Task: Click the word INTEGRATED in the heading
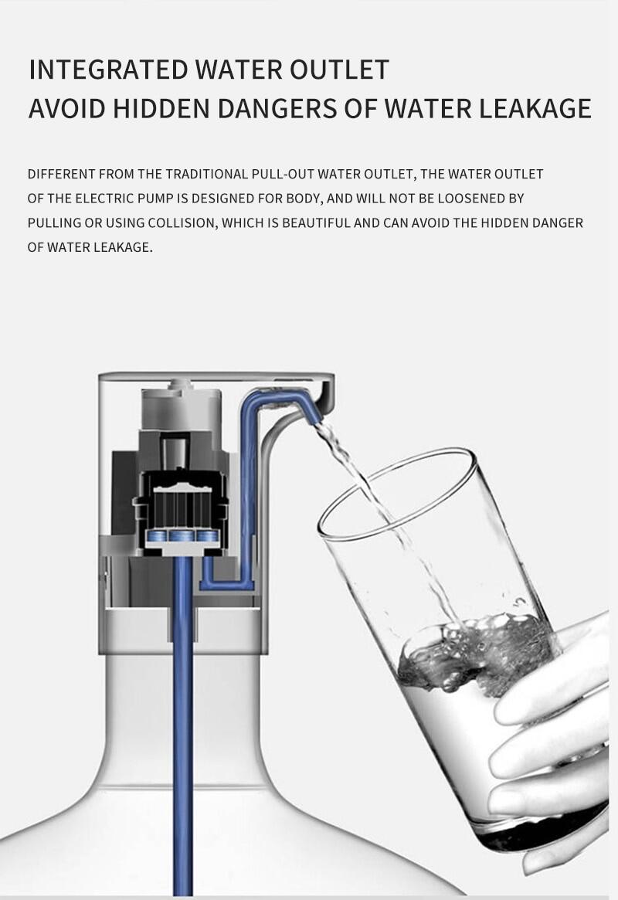(x=108, y=70)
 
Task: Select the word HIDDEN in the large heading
(x=161, y=108)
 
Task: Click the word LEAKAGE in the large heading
(x=535, y=108)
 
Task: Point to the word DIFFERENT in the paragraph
(x=61, y=174)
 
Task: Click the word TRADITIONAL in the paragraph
(x=206, y=174)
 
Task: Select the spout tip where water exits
(x=316, y=418)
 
